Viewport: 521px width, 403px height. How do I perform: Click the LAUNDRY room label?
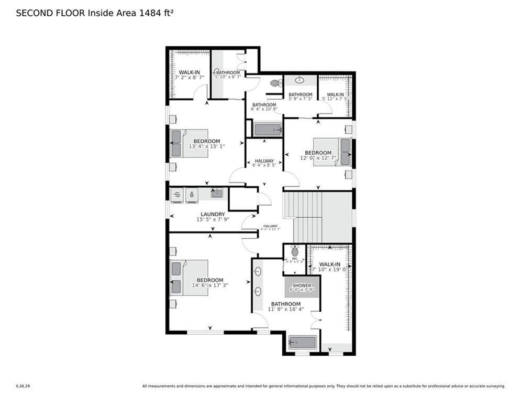213,214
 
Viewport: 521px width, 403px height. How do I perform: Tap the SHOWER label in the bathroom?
302,285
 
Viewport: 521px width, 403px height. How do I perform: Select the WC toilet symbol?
294,252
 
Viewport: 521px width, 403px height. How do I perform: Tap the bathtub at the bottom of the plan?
303,343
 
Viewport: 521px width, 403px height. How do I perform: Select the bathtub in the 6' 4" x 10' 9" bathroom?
268,130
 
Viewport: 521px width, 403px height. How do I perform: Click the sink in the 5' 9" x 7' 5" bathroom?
300,80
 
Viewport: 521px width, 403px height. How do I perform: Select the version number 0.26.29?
23,386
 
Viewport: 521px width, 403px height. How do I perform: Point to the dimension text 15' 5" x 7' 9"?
213,219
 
